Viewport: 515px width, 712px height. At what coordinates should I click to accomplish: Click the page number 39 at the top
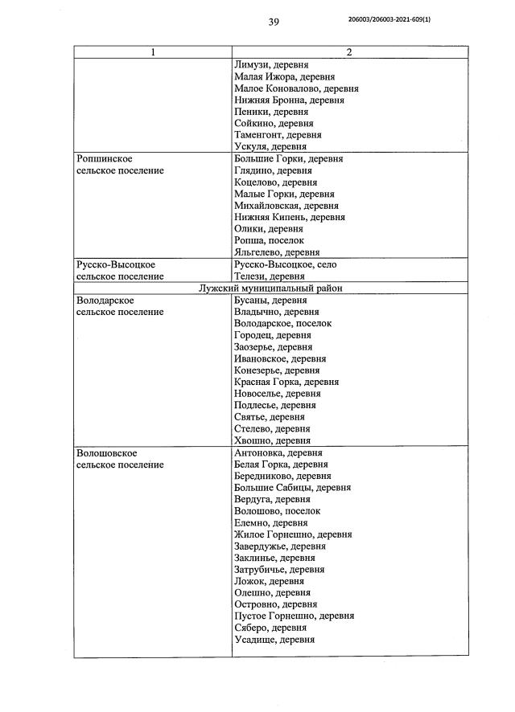(x=273, y=23)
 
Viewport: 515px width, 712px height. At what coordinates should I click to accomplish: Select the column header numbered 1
(x=153, y=52)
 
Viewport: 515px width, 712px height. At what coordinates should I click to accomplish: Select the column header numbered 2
(x=349, y=52)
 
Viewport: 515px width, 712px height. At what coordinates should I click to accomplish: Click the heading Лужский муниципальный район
(x=272, y=288)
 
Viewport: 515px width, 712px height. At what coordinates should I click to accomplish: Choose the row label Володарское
(x=106, y=300)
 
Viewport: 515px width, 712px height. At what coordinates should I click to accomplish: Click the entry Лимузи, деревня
(x=271, y=64)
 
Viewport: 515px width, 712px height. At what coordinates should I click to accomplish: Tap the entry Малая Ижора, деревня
(x=282, y=76)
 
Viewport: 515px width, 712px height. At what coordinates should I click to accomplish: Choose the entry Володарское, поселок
(x=282, y=323)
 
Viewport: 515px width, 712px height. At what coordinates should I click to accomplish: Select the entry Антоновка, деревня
(x=278, y=452)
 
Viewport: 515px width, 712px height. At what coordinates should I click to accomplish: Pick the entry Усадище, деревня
(x=274, y=640)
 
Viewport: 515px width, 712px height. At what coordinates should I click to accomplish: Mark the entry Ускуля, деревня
(x=270, y=147)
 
